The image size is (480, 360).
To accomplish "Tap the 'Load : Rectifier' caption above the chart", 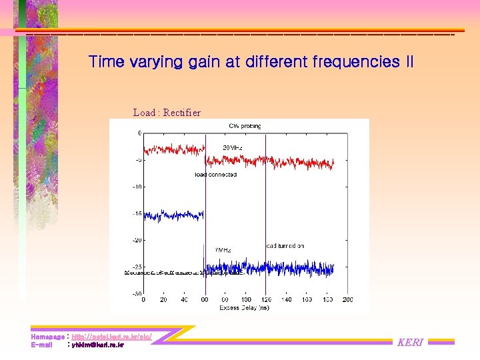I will point(167,113).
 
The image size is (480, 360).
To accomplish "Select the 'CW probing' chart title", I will point(245,125).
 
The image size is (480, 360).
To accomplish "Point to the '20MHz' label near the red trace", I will point(233,147).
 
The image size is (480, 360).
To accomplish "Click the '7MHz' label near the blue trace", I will point(223,250).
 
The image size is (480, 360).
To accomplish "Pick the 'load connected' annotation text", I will point(215,175).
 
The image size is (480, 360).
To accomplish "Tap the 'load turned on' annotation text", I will point(285,245).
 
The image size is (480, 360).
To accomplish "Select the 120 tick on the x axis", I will point(266,300).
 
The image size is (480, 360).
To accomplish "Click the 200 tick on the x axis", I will point(347,300).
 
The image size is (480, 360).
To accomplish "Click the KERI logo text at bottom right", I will point(410,343).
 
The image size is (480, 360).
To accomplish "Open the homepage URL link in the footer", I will point(111,337).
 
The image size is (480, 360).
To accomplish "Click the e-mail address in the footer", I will point(97,345).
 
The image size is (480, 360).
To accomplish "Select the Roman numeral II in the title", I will point(409,62).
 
